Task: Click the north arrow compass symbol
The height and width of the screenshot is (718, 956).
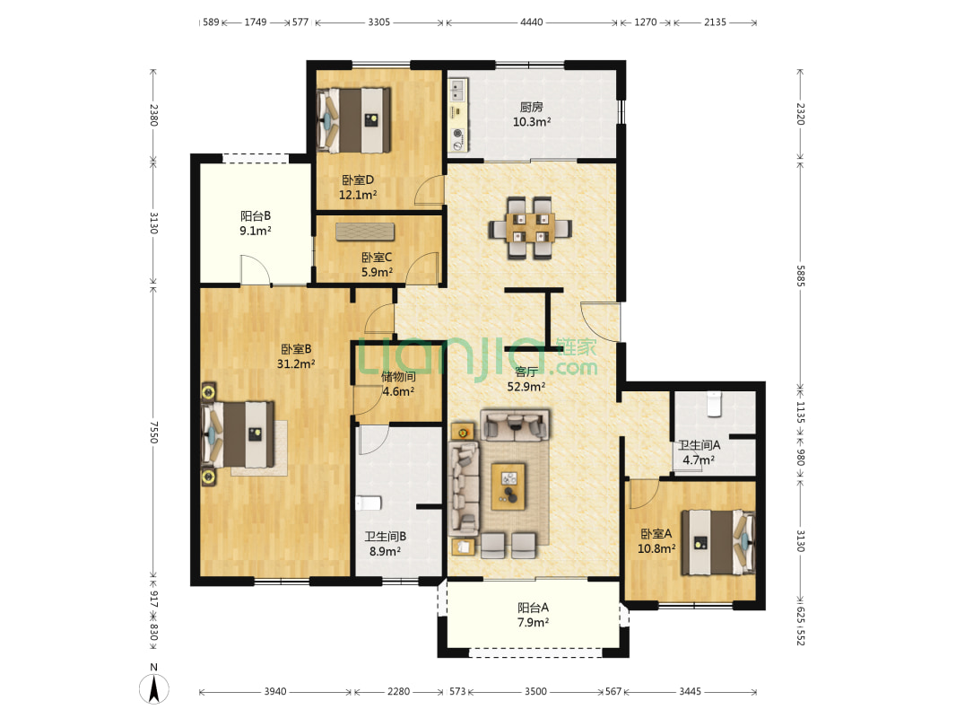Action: (x=153, y=689)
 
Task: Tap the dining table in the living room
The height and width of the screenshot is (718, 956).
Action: (x=529, y=228)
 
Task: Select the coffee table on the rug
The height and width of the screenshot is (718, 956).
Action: (x=508, y=486)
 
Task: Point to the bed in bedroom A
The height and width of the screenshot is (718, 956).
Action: (x=718, y=542)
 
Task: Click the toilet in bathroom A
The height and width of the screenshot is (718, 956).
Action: (x=714, y=404)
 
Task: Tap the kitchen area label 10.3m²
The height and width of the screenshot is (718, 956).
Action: (x=532, y=122)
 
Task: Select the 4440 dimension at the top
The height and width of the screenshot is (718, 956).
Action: (x=531, y=22)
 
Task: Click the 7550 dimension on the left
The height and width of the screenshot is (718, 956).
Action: (x=153, y=432)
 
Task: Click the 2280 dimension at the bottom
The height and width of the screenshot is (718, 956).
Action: (x=399, y=691)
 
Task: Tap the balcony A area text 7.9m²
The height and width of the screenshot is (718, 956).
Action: (x=533, y=623)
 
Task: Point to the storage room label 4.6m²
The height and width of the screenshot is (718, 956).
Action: (x=398, y=391)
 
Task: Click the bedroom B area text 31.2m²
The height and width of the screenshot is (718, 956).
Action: (x=296, y=364)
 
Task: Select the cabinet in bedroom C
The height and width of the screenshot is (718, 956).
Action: (x=365, y=232)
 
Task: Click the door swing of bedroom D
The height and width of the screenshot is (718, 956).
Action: (x=429, y=189)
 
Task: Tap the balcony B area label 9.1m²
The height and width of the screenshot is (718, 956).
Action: (x=256, y=232)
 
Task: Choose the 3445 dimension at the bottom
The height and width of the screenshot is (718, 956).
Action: (x=691, y=691)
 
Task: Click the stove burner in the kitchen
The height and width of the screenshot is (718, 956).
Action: (x=458, y=134)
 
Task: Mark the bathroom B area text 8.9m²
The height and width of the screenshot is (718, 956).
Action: (x=385, y=551)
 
